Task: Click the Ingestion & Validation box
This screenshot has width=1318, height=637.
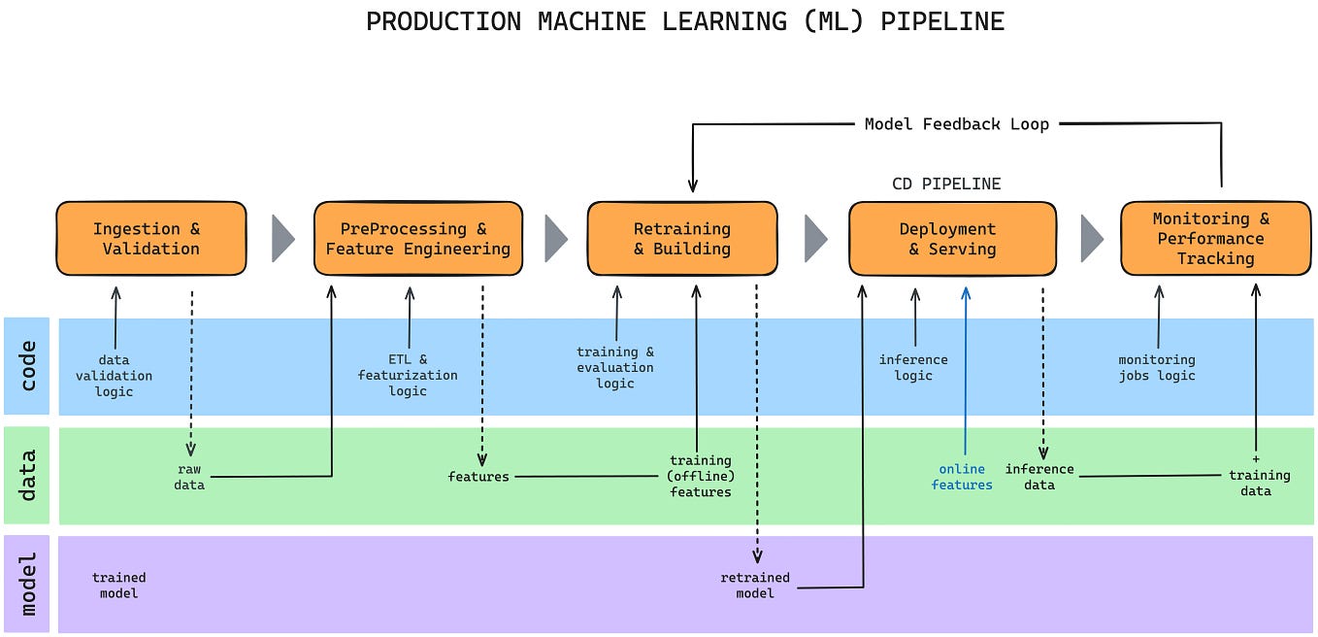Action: coord(150,239)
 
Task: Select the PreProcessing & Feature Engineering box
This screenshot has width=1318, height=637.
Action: coord(417,239)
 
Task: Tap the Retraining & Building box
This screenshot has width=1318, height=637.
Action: coord(681,239)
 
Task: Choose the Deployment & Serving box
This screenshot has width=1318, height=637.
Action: coord(952,239)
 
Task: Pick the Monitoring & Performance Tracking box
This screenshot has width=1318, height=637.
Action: coord(1215,239)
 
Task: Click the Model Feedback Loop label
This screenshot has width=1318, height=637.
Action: coord(956,124)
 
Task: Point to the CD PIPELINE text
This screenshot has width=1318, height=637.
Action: coord(945,184)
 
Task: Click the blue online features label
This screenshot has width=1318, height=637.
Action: coord(962,477)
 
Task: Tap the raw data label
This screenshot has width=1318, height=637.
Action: coord(189,477)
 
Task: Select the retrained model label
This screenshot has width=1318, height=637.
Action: coord(755,585)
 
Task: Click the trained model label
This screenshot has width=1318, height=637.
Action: coord(119,585)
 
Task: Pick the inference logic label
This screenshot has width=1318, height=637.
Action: coord(913,367)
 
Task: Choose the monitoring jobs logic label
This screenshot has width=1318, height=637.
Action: coord(1157,367)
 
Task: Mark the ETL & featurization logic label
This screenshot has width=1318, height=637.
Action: coord(408,375)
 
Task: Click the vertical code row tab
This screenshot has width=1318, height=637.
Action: coord(27,366)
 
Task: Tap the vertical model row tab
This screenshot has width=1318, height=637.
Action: coord(27,584)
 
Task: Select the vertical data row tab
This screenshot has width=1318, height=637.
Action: coord(27,475)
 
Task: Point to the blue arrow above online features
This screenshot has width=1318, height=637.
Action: coord(966,369)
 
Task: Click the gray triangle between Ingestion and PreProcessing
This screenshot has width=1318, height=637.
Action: coord(281,239)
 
